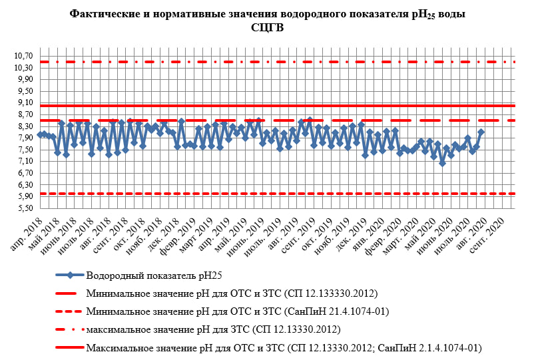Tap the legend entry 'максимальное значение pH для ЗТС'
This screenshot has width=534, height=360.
tap(213, 329)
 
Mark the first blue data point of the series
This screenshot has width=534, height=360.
tap(40, 134)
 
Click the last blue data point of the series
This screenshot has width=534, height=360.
tap(481, 132)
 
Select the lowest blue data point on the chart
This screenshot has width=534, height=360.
tap(442, 163)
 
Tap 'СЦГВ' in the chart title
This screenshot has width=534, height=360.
tap(266, 27)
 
